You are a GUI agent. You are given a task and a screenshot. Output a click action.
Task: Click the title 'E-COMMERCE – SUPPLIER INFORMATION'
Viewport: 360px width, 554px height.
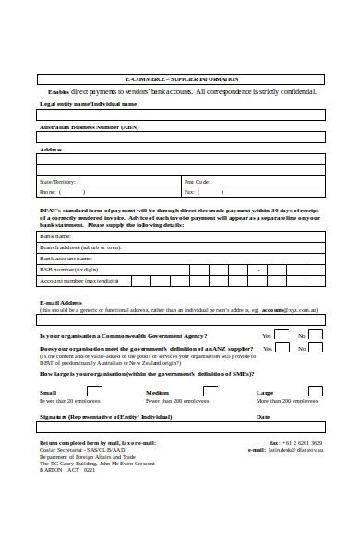click(x=182, y=79)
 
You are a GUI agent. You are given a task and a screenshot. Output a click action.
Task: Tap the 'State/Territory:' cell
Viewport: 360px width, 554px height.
click(x=57, y=182)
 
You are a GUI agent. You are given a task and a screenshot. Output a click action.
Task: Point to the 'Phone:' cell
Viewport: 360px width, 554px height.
click(x=48, y=193)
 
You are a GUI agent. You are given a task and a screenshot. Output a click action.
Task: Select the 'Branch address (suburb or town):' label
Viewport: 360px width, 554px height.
click(x=80, y=247)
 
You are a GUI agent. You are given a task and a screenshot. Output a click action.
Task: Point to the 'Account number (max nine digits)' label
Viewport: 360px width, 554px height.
click(x=78, y=281)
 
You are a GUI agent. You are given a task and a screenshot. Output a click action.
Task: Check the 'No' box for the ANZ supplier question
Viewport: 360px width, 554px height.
click(x=316, y=349)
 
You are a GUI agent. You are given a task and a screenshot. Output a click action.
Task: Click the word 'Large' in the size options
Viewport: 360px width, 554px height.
click(x=264, y=393)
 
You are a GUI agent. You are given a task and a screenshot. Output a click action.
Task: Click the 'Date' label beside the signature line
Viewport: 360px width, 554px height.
click(x=262, y=417)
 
